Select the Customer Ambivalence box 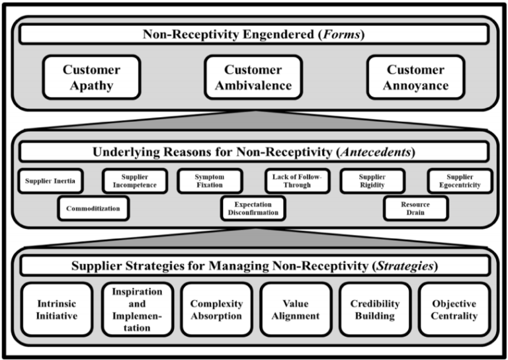click(253, 77)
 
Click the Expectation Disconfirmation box click(254, 208)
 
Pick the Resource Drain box click(415, 208)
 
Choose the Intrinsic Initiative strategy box click(57, 309)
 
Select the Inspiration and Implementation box click(137, 309)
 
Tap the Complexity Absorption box click(216, 309)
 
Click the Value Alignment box click(296, 309)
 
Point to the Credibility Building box click(375, 309)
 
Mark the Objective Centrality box click(454, 309)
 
